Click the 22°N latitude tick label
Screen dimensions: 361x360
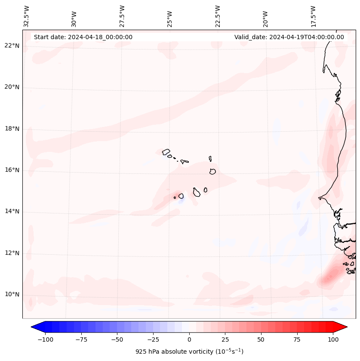(x=12, y=46)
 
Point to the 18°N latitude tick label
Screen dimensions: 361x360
(x=12, y=129)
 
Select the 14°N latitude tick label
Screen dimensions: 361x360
(x=12, y=211)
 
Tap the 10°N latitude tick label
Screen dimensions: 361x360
(x=12, y=294)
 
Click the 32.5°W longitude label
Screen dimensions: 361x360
(x=27, y=16)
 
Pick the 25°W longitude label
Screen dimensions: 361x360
(x=170, y=16)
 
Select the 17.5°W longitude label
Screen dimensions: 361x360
(x=313, y=16)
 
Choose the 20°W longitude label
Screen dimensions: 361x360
(x=265, y=16)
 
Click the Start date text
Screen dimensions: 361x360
(x=83, y=37)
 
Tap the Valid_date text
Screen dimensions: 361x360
(x=289, y=37)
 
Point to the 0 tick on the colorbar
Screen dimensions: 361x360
(x=189, y=339)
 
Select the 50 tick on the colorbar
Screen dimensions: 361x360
(x=261, y=339)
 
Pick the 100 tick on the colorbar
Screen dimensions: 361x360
(x=332, y=339)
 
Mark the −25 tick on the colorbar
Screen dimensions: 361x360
(x=153, y=339)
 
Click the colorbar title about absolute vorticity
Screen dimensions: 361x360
(x=189, y=352)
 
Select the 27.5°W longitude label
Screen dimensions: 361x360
(x=122, y=16)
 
